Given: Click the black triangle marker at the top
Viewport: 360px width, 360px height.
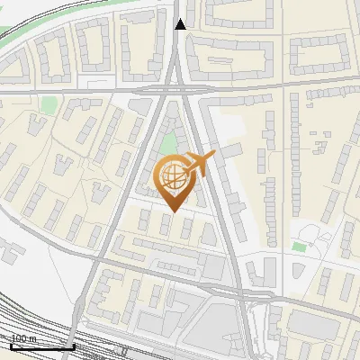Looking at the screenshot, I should pos(181,24).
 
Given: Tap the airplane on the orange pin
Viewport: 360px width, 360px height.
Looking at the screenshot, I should pos(199,164).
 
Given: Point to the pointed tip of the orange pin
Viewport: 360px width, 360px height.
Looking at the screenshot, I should pos(175,211).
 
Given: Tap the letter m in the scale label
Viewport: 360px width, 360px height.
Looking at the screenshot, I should pos(34,339).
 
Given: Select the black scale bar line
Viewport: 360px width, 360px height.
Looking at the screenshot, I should pos(42,346).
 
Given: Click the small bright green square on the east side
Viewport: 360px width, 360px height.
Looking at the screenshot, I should pos(299,246).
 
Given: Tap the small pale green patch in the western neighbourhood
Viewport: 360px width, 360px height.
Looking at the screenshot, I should pos(47,104).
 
